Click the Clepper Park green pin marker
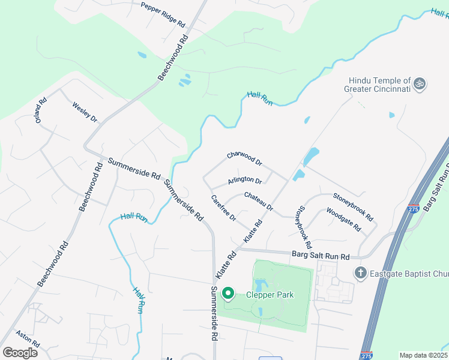click(228, 293)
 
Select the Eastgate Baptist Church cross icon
click(360, 273)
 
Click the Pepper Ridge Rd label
click(163, 14)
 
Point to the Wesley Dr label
click(85, 112)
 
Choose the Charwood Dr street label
click(245, 159)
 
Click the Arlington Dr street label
click(246, 181)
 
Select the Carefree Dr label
click(223, 208)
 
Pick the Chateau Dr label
click(259, 201)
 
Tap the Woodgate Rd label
click(344, 220)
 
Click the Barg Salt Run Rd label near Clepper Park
click(321, 256)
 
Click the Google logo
click(20, 352)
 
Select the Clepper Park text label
click(261, 295)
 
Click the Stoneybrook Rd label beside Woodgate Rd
click(353, 206)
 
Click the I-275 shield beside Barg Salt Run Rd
click(412, 208)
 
